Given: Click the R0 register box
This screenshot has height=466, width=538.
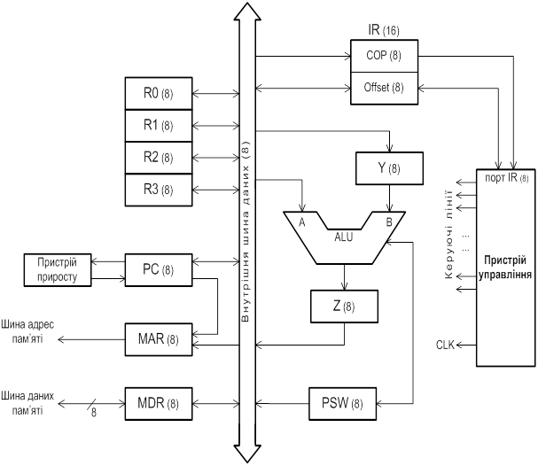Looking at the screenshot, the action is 159,93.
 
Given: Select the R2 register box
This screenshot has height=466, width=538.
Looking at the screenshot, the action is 159,158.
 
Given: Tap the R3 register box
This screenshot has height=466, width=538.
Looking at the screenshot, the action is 159,190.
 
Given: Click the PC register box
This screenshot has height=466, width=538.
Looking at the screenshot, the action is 159,270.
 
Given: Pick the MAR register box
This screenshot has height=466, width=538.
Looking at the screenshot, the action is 159,339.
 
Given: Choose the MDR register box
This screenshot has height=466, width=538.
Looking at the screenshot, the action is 159,404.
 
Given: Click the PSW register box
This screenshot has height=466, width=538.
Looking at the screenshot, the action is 342,404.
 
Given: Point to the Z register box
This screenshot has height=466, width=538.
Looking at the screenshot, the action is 344,307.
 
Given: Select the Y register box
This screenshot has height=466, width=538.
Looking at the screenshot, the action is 389,168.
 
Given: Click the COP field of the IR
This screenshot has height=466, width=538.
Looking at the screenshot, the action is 385,56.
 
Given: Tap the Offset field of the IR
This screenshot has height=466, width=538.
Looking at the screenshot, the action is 385,88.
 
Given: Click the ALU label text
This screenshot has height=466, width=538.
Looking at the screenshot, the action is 344,237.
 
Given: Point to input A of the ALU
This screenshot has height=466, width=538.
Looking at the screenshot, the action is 301,222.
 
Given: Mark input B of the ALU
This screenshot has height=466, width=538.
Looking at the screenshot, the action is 389,222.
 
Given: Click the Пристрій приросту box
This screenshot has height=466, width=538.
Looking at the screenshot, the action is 58,270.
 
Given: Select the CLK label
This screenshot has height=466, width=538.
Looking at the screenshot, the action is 445,345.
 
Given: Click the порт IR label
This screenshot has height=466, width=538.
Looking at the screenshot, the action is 507,178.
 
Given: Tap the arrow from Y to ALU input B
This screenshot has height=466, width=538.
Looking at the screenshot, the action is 389,198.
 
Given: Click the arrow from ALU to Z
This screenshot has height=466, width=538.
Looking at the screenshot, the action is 344,277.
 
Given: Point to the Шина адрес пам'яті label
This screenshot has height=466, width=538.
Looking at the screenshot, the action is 27,331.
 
